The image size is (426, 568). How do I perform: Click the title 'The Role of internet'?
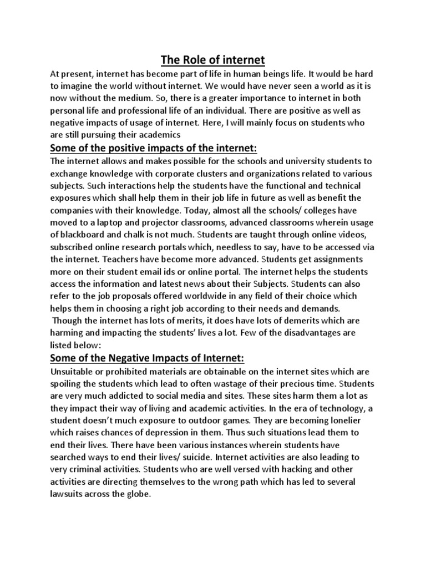[213, 59]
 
